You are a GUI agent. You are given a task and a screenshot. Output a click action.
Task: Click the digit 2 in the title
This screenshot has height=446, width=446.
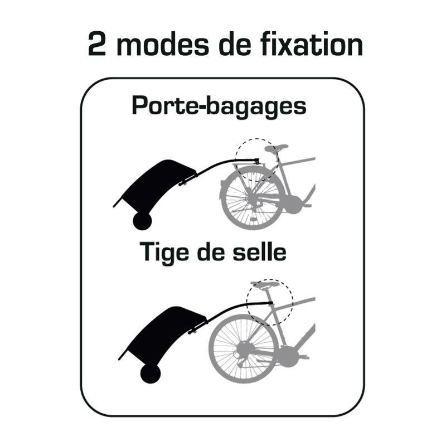click(98, 45)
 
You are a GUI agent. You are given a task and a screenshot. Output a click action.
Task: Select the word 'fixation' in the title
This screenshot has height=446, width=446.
click(312, 43)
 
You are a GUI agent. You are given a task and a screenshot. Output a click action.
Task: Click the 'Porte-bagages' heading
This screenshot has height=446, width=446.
click(219, 106)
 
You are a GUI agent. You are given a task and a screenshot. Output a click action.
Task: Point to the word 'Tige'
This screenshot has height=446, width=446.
click(164, 253)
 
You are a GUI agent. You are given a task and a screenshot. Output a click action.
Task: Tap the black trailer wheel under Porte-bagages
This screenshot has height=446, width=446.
click(142, 221)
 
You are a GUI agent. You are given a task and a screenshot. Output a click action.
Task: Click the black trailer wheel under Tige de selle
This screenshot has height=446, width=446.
click(151, 374)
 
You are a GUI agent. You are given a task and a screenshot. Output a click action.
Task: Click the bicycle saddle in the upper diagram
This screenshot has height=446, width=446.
click(276, 148)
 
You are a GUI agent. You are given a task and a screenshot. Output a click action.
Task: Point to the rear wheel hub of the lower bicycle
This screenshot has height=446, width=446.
click(243, 348)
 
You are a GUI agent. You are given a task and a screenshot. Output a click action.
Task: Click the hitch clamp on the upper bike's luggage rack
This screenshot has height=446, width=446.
click(256, 161)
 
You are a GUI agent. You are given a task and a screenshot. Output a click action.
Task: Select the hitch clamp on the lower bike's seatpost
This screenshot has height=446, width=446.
click(270, 303)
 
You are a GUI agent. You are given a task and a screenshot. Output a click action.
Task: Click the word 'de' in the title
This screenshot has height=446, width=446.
click(235, 43)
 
